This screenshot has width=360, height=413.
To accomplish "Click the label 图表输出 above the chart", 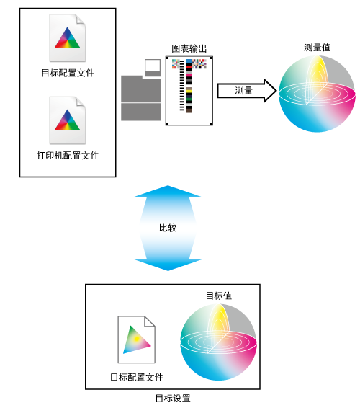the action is [x=189, y=49].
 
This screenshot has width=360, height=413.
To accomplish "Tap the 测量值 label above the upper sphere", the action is [x=317, y=48].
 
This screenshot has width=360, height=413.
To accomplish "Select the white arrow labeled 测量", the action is [x=246, y=91].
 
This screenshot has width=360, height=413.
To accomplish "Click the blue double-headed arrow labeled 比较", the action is [x=168, y=228].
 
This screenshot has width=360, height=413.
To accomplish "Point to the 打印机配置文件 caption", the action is [x=68, y=156].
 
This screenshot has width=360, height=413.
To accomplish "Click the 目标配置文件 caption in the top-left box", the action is [x=68, y=73].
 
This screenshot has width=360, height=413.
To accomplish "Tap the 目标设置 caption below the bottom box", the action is [x=173, y=399].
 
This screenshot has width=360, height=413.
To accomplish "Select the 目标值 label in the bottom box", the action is [x=218, y=296].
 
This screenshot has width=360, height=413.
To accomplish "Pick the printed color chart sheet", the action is [x=189, y=91].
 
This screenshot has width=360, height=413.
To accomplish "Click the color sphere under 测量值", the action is [x=317, y=94].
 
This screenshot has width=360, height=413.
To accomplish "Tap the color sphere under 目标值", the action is [x=218, y=342].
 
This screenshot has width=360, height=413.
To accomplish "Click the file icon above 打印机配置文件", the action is [x=68, y=120].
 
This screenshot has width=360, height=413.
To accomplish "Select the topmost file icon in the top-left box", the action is [x=68, y=37].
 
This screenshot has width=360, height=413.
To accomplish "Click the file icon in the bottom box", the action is [x=136, y=339].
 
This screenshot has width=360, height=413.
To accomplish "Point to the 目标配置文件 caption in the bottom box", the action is [x=136, y=377].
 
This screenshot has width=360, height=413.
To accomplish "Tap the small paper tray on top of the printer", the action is [x=153, y=68].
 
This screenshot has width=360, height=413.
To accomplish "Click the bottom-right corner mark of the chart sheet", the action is [x=211, y=123].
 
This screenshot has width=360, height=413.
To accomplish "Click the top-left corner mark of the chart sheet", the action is [x=167, y=58].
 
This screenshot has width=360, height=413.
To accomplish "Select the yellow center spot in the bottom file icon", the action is [x=136, y=339].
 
